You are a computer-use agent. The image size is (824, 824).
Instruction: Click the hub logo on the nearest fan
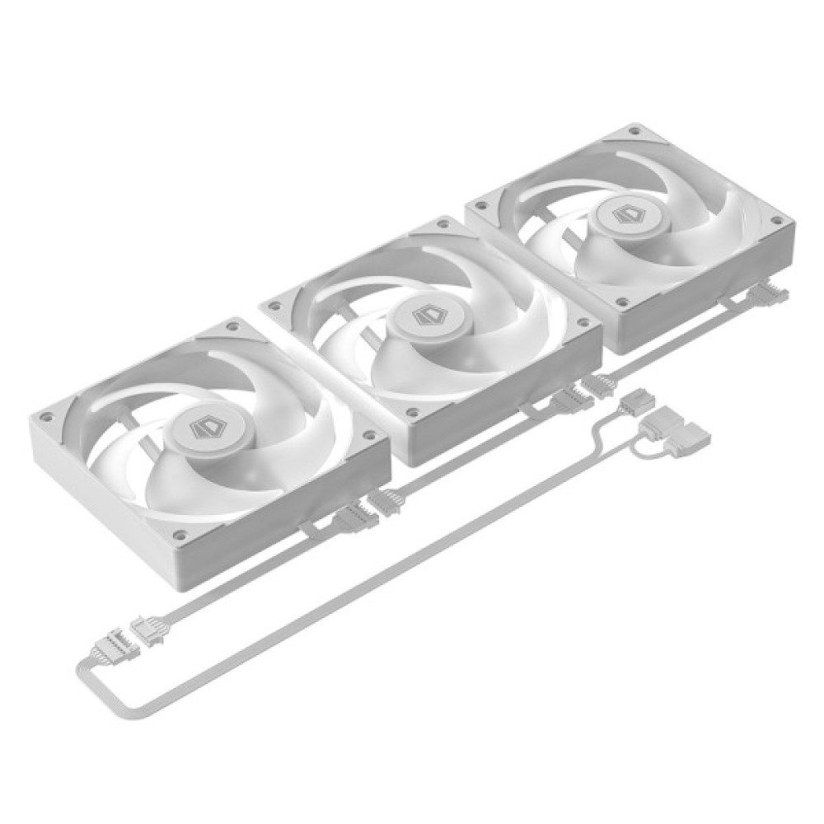201,427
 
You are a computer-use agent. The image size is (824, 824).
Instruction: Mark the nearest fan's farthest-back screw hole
234,327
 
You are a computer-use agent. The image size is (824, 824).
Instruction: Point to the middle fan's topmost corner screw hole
446,224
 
